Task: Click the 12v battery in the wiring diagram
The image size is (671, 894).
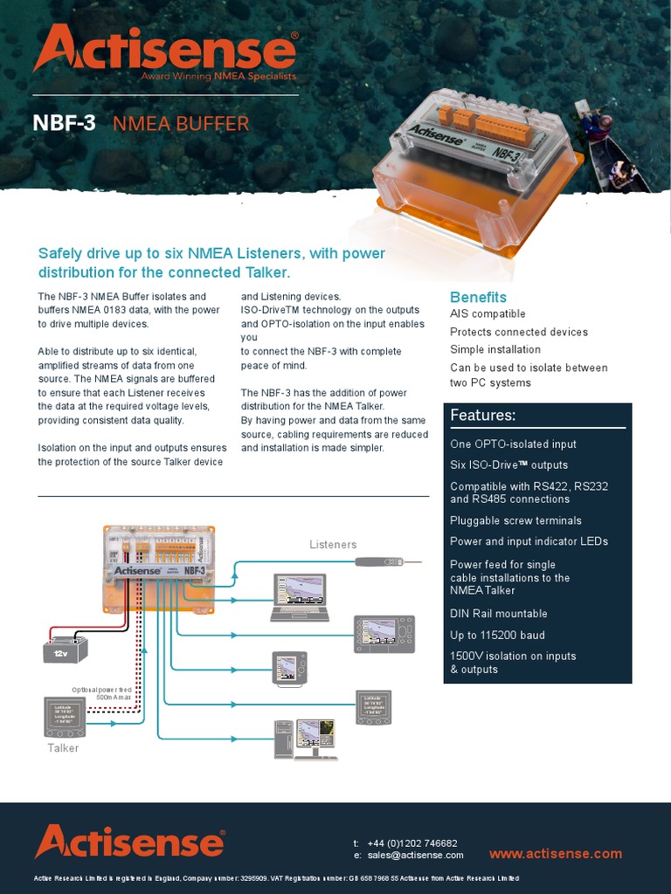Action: point(66,650)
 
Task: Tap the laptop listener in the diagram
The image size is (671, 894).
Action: point(299,597)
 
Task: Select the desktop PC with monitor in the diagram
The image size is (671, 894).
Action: point(305,739)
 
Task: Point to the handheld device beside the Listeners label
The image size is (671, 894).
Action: point(390,561)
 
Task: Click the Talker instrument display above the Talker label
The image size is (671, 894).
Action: point(65,715)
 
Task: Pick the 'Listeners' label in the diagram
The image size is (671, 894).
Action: point(333,545)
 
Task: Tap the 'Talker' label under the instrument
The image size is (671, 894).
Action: point(63,748)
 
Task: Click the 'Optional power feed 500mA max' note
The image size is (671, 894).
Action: point(101,693)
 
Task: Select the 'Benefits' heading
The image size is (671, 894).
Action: point(478,297)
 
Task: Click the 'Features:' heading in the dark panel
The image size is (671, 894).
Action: point(483,416)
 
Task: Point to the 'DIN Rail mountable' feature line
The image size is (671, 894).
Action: point(499,614)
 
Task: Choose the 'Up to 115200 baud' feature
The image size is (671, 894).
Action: point(497,636)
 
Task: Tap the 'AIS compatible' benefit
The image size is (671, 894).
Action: point(488,314)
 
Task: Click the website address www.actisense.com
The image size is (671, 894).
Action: point(556,854)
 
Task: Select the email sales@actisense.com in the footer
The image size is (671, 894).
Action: point(415,856)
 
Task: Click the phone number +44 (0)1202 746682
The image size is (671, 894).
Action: point(412,843)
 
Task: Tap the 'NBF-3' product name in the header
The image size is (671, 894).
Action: point(64,123)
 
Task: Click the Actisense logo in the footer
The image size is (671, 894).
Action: point(129,842)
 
